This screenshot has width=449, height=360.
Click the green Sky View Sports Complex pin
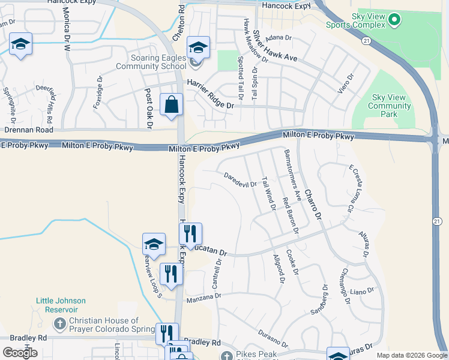(394, 20)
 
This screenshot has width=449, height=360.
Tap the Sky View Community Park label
(390, 106)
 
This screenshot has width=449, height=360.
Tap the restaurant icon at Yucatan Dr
(190, 233)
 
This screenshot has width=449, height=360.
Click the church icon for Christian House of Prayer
(59, 325)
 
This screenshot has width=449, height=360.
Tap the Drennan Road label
(29, 130)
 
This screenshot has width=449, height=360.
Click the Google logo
(20, 353)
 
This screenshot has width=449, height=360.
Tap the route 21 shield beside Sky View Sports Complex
(366, 40)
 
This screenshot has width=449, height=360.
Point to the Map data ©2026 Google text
(411, 355)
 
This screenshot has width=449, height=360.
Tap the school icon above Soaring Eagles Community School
(198, 46)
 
